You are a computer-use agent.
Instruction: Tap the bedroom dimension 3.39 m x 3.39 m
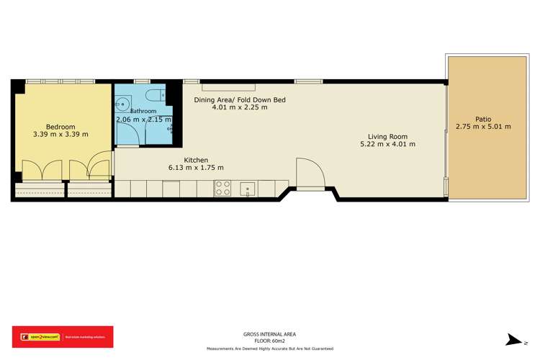click(x=60, y=134)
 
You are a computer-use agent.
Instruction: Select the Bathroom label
click(x=143, y=111)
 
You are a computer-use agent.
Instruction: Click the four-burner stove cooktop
click(x=222, y=189)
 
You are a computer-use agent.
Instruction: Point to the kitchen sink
click(x=247, y=189)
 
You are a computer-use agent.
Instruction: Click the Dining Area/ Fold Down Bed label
click(x=240, y=99)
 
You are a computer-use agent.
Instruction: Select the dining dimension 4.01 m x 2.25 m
click(x=240, y=108)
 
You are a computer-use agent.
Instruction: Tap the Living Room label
click(x=388, y=136)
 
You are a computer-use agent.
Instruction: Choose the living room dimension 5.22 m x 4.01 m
click(x=387, y=145)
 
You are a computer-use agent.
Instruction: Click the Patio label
click(x=482, y=119)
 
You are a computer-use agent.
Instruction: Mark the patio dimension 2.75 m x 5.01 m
click(x=482, y=127)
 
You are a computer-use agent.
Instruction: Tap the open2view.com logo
click(x=36, y=336)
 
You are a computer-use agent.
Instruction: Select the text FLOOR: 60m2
click(x=270, y=341)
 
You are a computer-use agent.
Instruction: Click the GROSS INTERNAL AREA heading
click(x=270, y=334)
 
